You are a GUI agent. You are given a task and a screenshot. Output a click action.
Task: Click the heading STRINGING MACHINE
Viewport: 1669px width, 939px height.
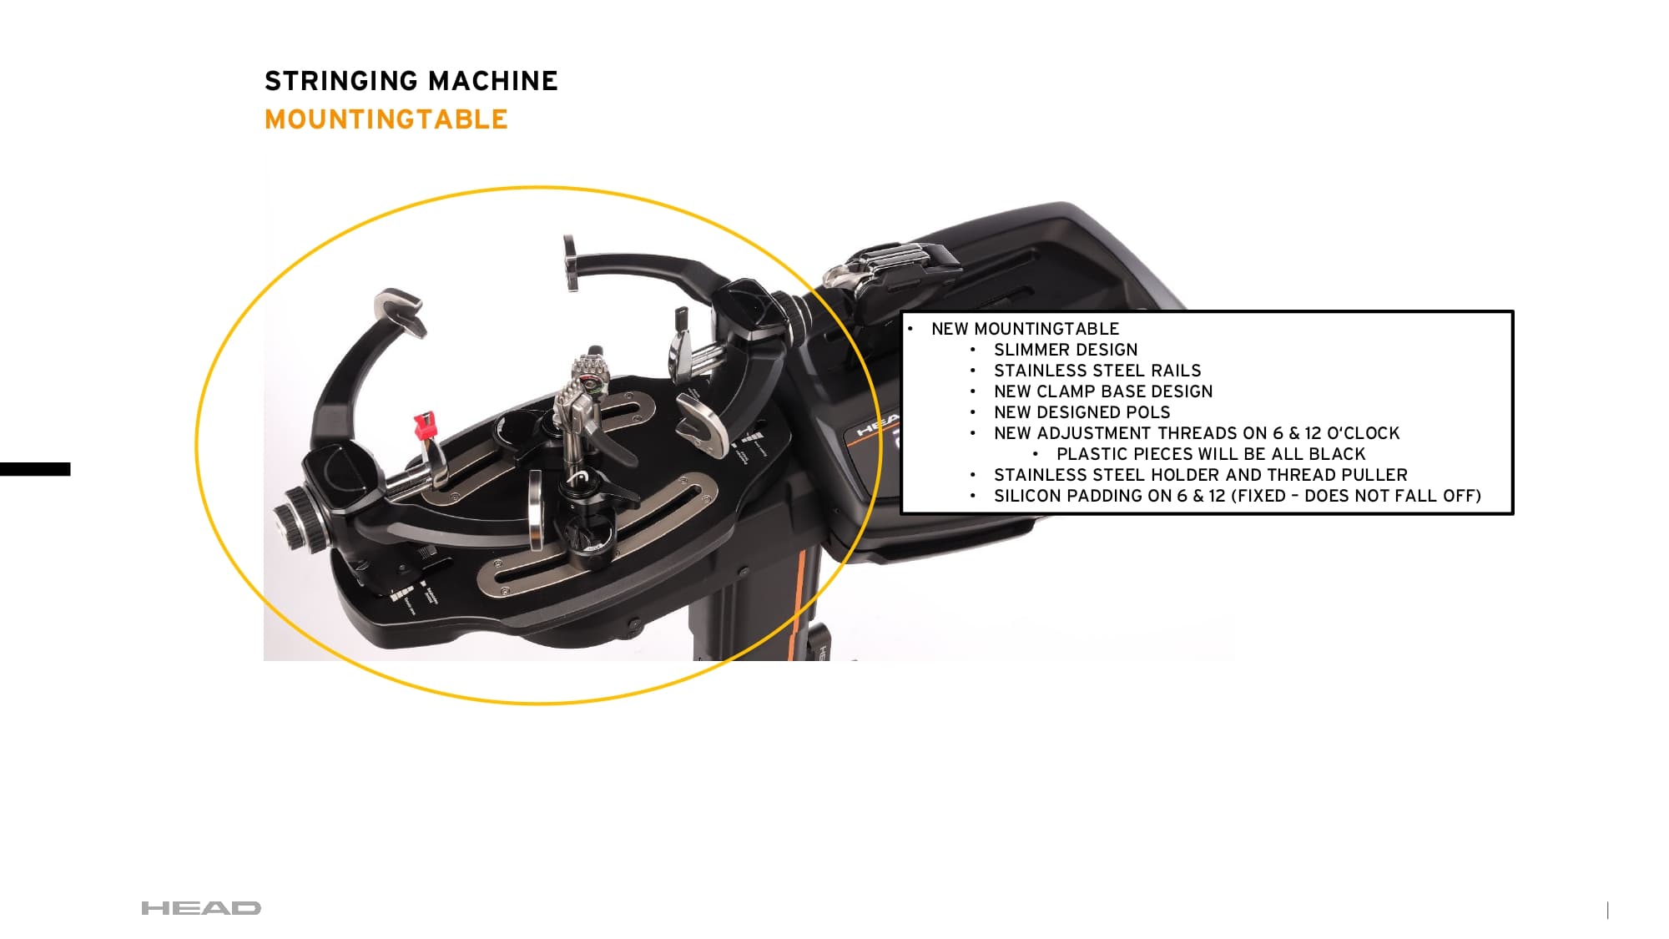[411, 81]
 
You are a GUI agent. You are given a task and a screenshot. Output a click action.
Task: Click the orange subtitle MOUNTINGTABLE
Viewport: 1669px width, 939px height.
[386, 119]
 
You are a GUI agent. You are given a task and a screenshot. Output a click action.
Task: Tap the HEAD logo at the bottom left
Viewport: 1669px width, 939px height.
[201, 908]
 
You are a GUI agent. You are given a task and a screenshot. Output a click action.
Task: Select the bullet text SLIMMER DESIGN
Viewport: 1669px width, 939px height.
[1065, 350]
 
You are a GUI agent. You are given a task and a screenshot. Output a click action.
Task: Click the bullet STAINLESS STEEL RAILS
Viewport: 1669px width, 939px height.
[1097, 371]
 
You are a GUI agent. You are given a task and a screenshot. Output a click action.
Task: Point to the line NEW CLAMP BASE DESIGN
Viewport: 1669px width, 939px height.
[1102, 391]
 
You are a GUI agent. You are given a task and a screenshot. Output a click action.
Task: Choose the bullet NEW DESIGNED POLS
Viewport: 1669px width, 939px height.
[1082, 412]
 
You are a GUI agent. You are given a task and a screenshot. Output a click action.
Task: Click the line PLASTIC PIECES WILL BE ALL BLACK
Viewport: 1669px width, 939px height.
[1210, 454]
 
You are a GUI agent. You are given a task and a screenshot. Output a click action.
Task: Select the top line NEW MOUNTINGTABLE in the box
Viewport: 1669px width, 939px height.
[1025, 329]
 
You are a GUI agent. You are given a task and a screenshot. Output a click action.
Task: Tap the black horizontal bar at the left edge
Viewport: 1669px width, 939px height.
[35, 469]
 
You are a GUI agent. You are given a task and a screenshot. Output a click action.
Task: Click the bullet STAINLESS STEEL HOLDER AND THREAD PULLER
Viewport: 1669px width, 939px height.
[1200, 475]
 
